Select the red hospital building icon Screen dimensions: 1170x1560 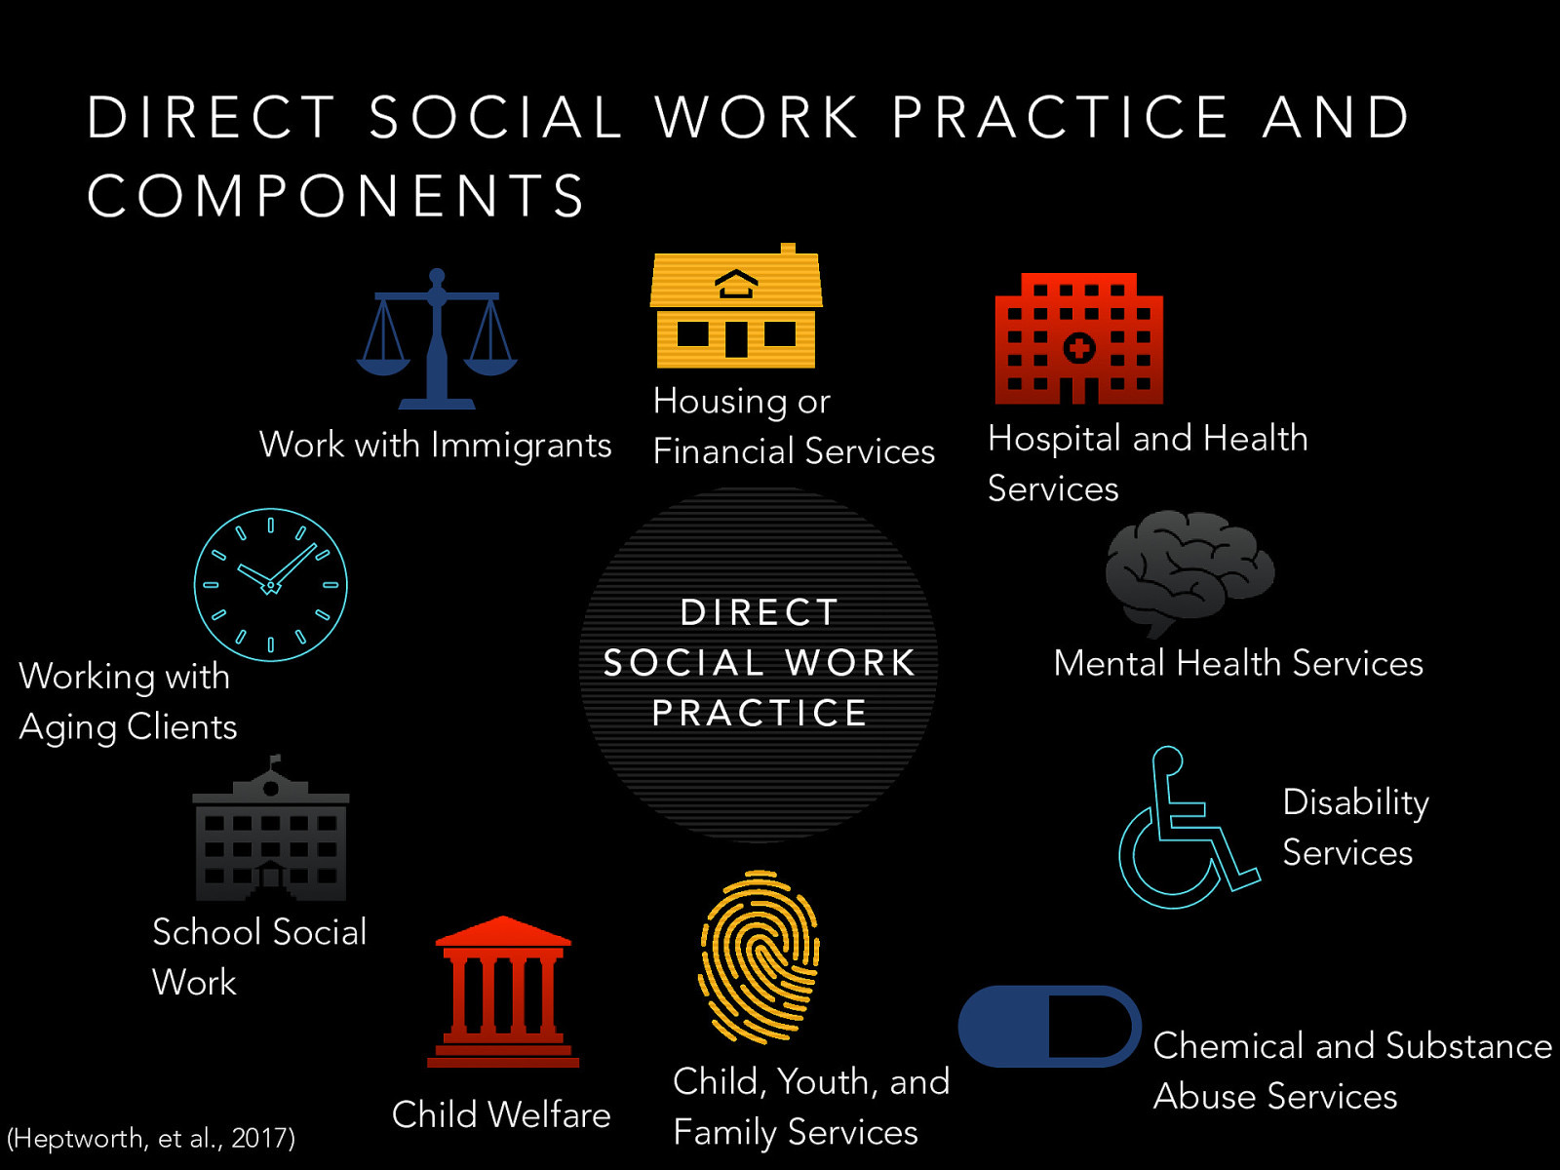[1078, 339]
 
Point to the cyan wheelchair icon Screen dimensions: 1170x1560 [1186, 829]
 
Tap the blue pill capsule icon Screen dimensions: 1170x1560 [1049, 1026]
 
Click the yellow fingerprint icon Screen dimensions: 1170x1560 [760, 956]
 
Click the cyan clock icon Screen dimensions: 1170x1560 [270, 585]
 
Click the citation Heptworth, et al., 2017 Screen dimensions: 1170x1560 [151, 1138]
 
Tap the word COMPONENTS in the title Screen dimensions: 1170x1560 [336, 195]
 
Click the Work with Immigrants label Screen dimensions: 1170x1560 [435, 445]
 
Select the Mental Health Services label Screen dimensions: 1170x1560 [1238, 663]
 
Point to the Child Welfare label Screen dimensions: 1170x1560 [501, 1114]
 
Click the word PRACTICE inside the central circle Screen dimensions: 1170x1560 [759, 714]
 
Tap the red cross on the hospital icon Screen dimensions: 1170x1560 [1078, 348]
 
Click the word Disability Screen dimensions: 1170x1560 [1355, 802]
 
